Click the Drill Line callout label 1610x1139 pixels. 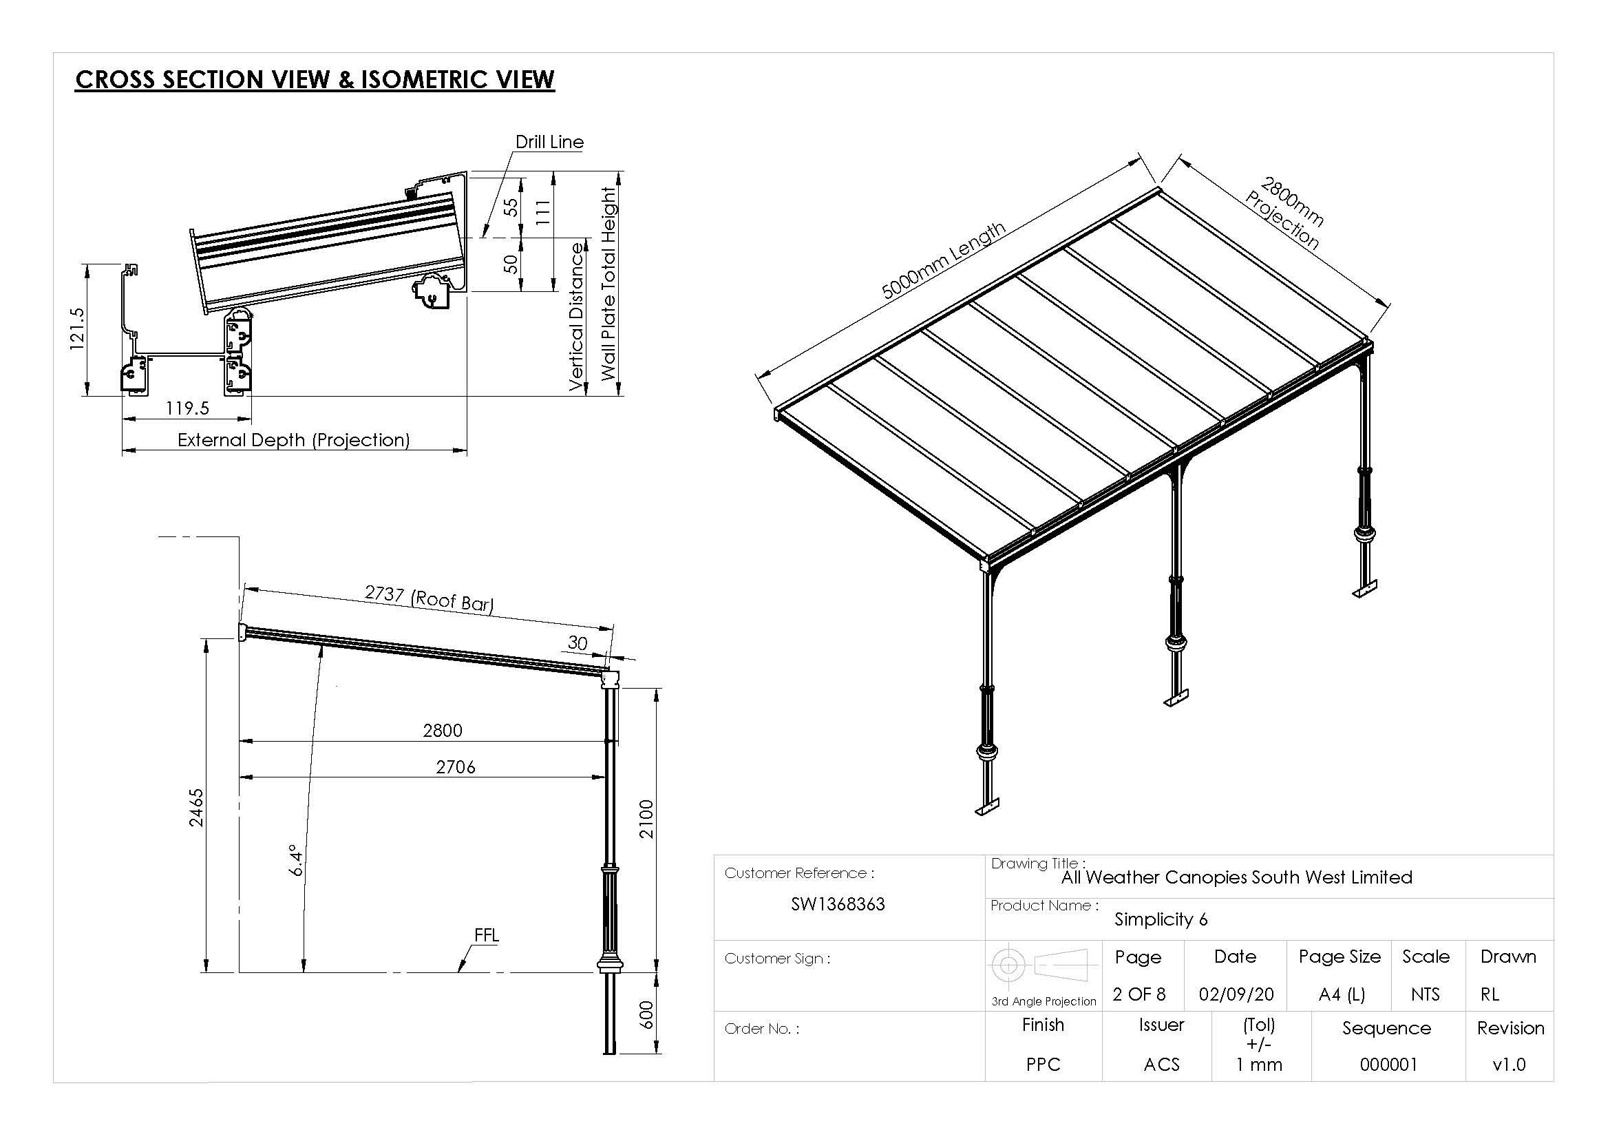[x=549, y=143]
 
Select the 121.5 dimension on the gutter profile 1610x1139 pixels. [x=77, y=328]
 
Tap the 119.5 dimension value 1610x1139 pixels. [x=187, y=408]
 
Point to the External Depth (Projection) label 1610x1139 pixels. [x=293, y=441]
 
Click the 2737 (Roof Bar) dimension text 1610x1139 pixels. [x=429, y=598]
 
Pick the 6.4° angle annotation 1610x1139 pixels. [x=297, y=860]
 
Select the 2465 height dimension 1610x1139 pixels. [x=197, y=807]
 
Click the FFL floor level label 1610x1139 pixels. [x=487, y=935]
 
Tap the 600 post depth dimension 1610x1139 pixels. [x=646, y=1014]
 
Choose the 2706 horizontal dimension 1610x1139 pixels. [x=455, y=767]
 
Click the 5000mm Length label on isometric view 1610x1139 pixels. [x=942, y=261]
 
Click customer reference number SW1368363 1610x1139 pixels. [x=837, y=904]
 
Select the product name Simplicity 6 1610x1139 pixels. [x=1161, y=919]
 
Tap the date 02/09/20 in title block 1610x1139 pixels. [x=1236, y=994]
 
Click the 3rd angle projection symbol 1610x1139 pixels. [x=1043, y=966]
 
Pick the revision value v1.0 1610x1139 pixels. [x=1509, y=1065]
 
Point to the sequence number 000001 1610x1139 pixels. [x=1388, y=1065]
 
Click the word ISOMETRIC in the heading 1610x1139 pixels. [x=425, y=79]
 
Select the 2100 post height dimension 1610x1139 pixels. [x=646, y=819]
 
